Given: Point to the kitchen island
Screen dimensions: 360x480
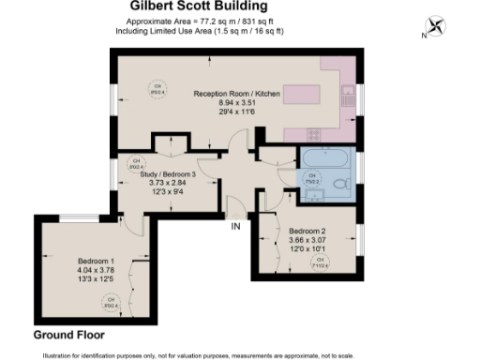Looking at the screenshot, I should click(x=301, y=95).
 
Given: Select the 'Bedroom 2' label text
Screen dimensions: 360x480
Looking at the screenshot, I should click(x=307, y=231).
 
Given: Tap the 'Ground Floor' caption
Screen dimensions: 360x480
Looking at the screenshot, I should click(x=69, y=335).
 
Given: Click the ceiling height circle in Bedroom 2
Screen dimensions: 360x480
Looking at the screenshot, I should click(x=321, y=261).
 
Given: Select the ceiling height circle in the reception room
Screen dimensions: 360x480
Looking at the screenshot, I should click(x=158, y=91).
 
